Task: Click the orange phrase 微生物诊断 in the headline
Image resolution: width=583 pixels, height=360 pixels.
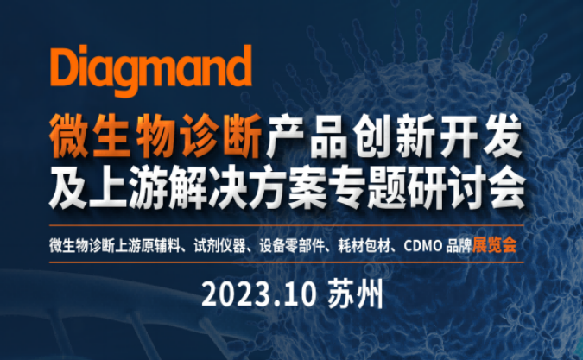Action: [155, 136]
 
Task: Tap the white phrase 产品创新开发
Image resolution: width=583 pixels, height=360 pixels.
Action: [394, 136]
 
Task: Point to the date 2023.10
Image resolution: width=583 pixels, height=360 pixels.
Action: [259, 295]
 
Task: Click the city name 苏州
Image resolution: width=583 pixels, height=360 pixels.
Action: [355, 295]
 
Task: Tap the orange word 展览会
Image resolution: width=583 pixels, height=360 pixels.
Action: [495, 245]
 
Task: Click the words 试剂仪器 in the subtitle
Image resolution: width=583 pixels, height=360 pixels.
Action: [219, 245]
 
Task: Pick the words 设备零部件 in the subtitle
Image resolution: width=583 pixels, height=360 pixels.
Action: [292, 245]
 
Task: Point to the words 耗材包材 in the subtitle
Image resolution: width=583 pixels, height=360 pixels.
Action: [364, 245]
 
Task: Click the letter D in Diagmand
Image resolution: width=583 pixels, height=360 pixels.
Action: [64, 66]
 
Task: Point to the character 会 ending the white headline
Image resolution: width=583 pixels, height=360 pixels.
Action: [506, 186]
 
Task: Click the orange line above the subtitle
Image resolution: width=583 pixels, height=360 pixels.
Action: [286, 225]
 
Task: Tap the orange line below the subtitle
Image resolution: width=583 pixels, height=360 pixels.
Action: [286, 262]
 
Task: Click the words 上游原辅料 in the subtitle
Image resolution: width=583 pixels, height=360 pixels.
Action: [148, 245]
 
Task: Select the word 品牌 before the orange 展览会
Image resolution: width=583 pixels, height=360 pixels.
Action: [459, 245]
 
